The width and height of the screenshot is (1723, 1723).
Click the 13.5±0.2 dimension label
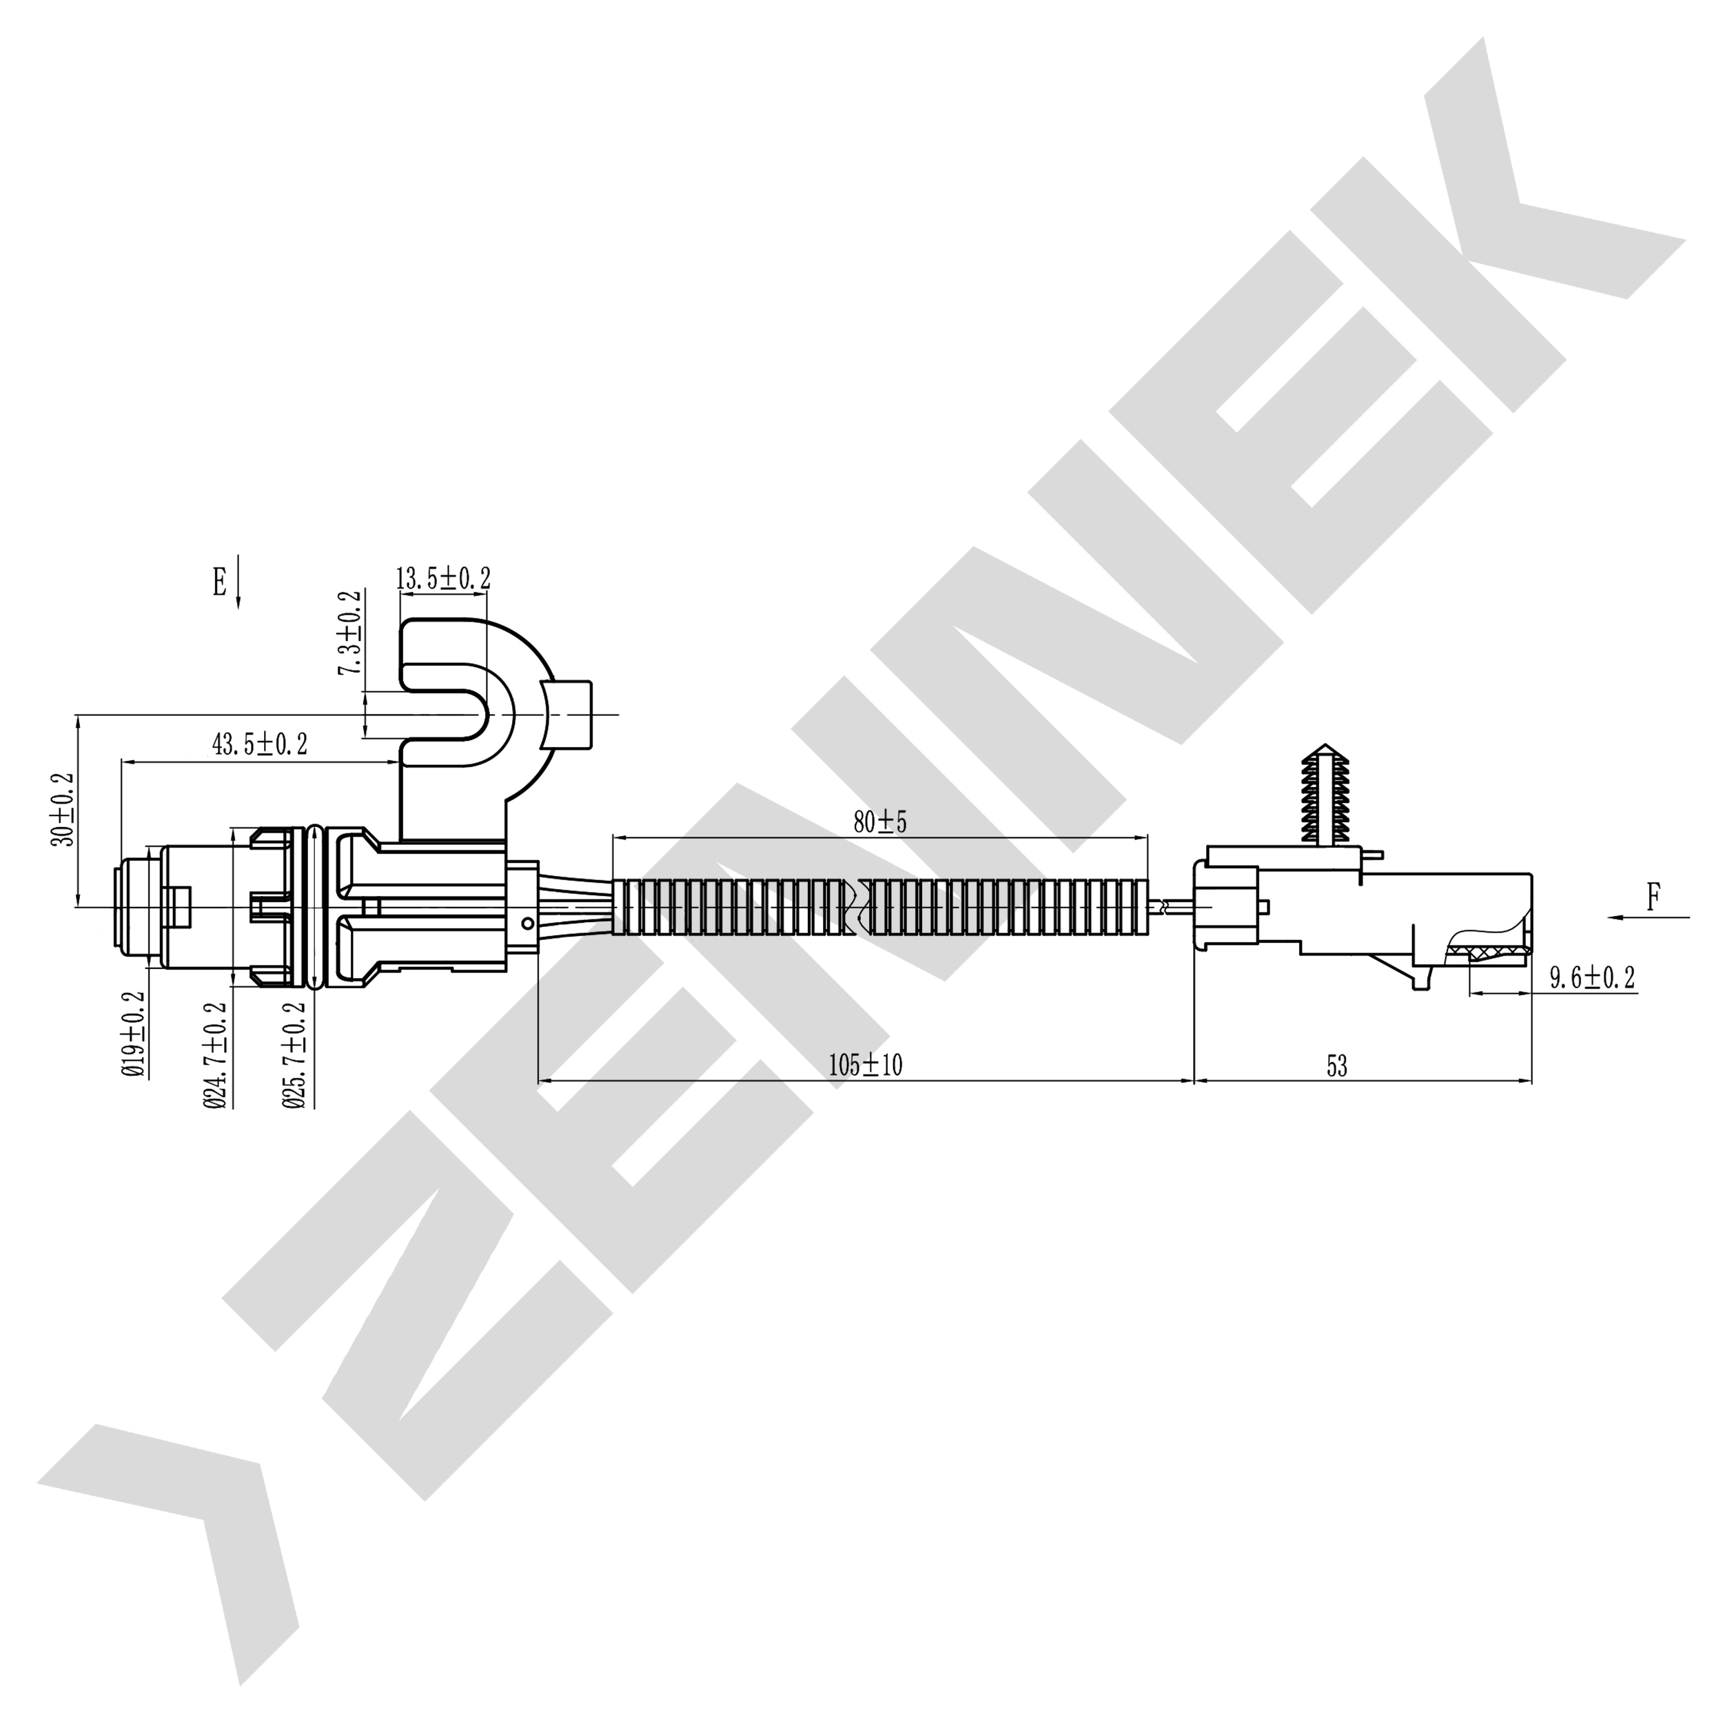coord(443,578)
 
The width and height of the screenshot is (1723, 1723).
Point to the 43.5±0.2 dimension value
coord(260,744)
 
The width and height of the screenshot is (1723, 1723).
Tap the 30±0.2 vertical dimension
coord(63,809)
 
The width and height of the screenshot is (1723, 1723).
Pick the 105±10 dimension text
coord(865,1065)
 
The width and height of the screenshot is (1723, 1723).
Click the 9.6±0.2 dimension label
coord(1592,979)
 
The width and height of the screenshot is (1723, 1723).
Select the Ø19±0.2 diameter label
coord(133,1034)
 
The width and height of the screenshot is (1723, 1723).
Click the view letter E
coord(218,582)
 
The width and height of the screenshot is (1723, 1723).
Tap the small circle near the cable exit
coord(529,922)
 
